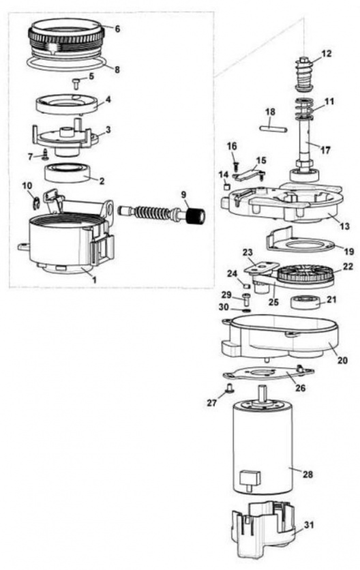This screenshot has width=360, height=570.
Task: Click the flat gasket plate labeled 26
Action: [269, 374]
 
